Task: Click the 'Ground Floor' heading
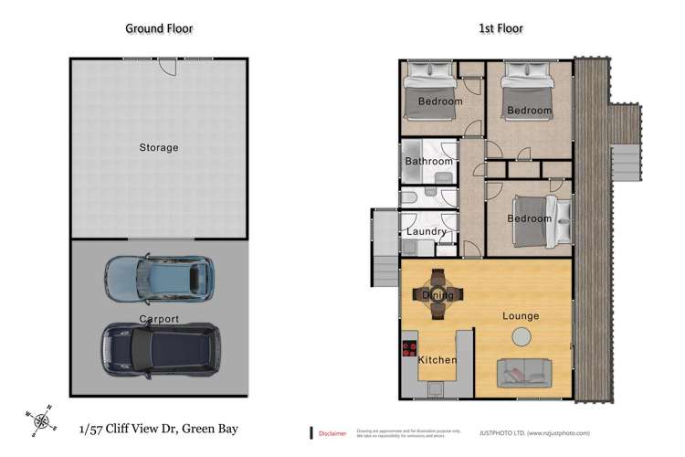tap(159, 28)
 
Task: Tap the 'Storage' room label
tap(159, 147)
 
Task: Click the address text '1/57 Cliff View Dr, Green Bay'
tap(158, 428)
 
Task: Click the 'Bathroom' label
tap(428, 162)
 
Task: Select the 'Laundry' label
tap(427, 232)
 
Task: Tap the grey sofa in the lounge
tap(523, 372)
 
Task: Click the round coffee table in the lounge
tap(520, 337)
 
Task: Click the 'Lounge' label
tap(521, 316)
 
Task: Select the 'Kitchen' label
tap(437, 360)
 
